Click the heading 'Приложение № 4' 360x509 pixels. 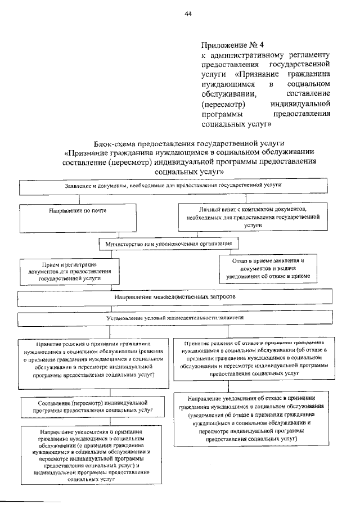tap(232, 45)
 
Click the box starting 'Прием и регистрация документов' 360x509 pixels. tap(66, 271)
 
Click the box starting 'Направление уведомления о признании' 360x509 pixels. tap(91, 454)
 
